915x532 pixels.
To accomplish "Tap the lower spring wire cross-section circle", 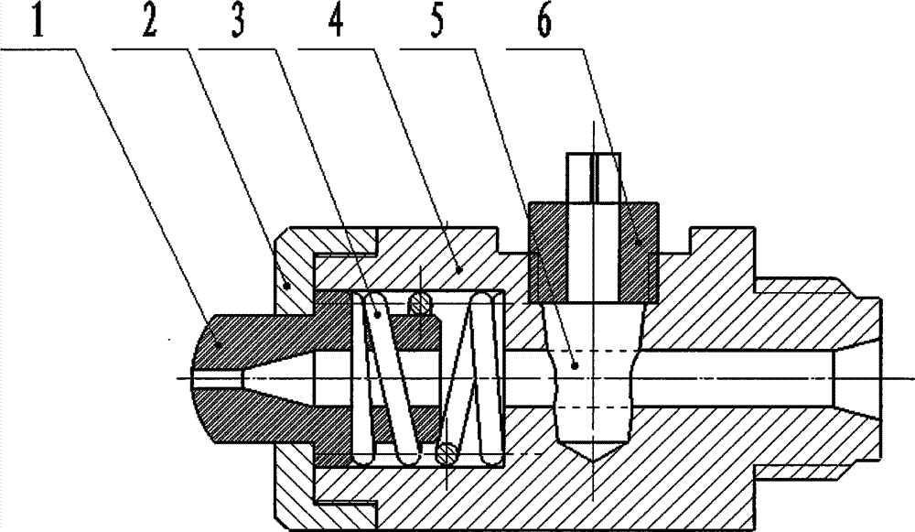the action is (447, 452).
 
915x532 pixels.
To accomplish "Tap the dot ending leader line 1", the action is (219, 347).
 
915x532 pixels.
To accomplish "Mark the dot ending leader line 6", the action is (637, 241).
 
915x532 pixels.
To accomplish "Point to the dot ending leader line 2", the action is (285, 284).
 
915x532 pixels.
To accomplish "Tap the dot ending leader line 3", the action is (376, 315).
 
